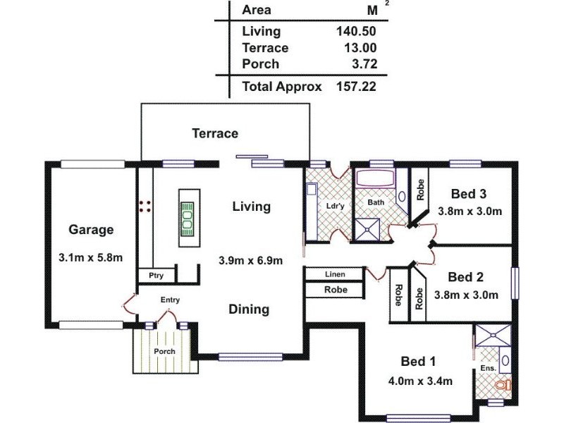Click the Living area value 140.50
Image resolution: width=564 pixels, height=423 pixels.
coord(357,31)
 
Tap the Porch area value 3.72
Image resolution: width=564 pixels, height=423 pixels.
coord(363,64)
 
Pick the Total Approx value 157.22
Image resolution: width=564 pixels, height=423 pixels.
coord(357,87)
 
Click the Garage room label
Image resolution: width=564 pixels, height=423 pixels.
coord(91,229)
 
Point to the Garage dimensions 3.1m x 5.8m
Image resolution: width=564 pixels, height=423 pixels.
coord(91,257)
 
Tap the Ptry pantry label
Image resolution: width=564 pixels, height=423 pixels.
coord(151,276)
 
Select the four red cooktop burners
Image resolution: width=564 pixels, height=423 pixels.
coord(145,205)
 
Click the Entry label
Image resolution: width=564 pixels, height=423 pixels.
coord(170,300)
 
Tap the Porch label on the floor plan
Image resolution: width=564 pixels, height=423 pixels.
coord(164,351)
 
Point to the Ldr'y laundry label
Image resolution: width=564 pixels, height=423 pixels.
coord(335,206)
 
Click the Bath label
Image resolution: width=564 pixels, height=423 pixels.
coord(375,202)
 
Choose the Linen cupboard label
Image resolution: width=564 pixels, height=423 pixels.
coord(335,274)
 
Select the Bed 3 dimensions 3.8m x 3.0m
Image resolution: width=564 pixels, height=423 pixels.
coord(469,211)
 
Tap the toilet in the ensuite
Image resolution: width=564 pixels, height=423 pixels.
coord(502,386)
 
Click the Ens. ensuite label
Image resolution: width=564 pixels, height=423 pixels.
coord(488,368)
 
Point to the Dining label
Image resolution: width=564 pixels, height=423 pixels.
coord(249,309)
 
